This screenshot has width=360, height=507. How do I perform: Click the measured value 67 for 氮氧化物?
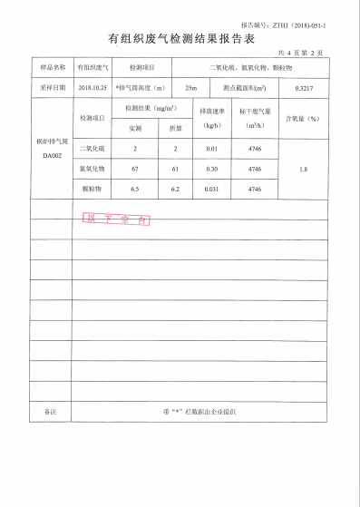pos(134,169)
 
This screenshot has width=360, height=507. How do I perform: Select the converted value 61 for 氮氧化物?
pos(175,169)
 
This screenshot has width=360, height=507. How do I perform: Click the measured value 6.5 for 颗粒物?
pos(134,189)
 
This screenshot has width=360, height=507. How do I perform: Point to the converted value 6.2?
pos(175,189)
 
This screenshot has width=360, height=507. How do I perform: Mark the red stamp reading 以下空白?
pos(116,219)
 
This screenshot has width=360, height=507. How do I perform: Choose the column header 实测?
pos(134,128)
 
